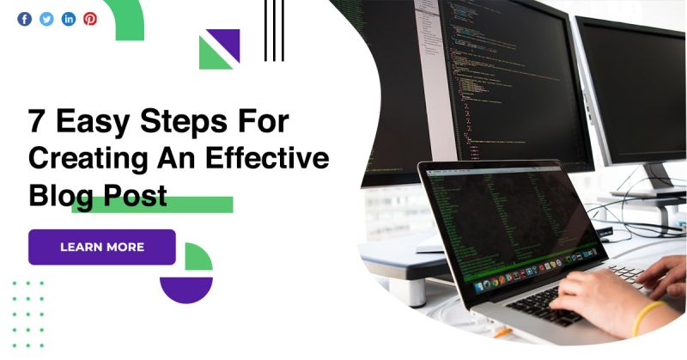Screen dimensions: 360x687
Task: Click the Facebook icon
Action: [x=24, y=19]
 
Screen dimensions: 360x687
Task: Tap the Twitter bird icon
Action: [x=46, y=19]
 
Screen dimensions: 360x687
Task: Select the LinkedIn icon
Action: [x=69, y=19]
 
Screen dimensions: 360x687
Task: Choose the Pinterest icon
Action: [x=90, y=19]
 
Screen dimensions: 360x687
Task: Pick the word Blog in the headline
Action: [x=58, y=196]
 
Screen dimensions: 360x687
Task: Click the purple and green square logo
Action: [x=219, y=49]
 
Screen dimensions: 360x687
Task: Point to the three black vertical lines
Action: [x=274, y=30]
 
